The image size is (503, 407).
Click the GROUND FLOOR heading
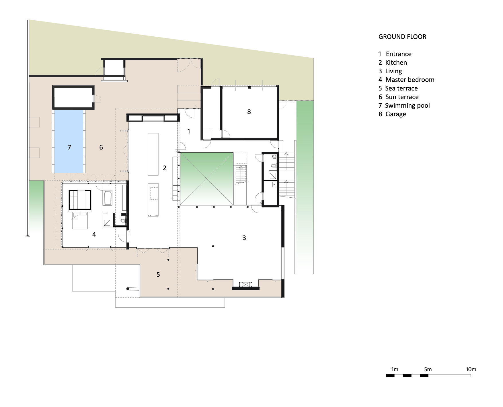402,37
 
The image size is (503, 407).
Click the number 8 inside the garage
249,112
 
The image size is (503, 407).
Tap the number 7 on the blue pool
69,147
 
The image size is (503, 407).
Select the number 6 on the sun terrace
101,147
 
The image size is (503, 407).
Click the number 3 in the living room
244,238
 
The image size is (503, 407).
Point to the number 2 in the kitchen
165,168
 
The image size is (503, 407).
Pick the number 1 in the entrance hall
189,131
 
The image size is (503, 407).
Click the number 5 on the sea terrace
158,274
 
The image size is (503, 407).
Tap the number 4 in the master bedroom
94,234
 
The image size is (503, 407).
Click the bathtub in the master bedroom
108,198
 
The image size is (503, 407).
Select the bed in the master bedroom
80,221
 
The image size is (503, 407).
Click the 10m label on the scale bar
471,369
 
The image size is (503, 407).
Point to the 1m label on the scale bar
395,369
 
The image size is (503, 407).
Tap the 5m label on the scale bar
428,369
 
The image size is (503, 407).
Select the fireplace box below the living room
245,284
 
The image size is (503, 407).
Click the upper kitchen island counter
153,154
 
